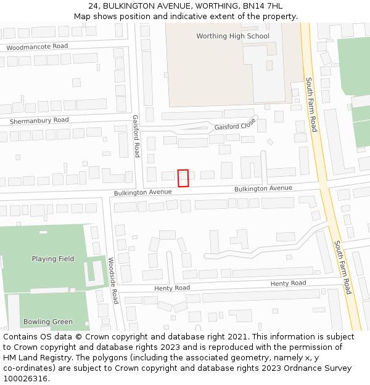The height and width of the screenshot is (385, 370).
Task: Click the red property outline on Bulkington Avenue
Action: [x=183, y=178]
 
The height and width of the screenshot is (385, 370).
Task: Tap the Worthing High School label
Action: [x=232, y=36]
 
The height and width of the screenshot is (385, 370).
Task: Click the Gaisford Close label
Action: [x=235, y=126]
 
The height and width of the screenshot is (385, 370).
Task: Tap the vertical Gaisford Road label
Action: [x=136, y=136]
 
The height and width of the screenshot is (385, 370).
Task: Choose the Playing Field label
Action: [x=53, y=259]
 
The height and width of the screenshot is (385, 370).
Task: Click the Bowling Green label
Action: [x=48, y=322]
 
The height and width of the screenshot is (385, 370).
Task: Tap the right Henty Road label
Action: [x=288, y=283]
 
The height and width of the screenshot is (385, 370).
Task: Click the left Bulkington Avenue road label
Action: [x=142, y=192]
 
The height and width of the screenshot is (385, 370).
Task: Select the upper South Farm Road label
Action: [x=311, y=104]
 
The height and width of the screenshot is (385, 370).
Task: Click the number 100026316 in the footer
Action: [x=26, y=379]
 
